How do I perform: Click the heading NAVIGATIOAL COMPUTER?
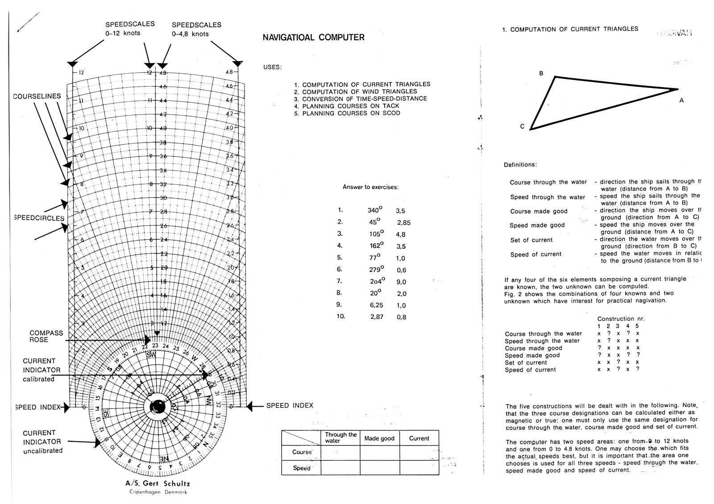coord(313,37)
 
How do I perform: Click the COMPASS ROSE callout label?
coord(46,336)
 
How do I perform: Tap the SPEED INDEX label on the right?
coord(290,405)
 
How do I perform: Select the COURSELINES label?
coord(37,96)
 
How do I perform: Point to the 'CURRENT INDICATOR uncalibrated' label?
coord(42,442)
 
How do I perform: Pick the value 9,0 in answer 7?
coord(401,282)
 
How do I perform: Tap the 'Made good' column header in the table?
coord(379,438)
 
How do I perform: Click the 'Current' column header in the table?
coord(419,438)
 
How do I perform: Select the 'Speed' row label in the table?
coord(301,468)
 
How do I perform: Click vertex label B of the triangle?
coord(541,74)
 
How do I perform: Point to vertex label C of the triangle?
coord(522,126)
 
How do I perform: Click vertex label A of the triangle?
coord(681,101)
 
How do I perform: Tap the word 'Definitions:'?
coord(520,165)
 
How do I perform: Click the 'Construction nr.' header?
coord(621,319)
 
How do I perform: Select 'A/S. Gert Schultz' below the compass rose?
coord(158,483)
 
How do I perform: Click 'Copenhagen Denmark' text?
coord(158,492)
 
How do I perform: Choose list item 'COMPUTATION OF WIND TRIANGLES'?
coord(359,92)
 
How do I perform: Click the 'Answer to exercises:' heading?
coord(370,187)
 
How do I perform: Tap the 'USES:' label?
coord(273,67)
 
